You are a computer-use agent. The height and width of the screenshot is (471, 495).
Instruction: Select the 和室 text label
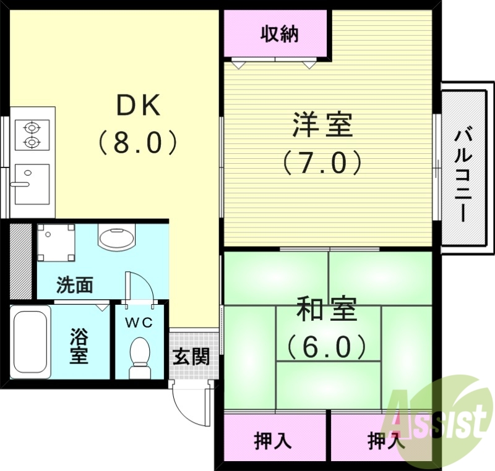click(327, 309)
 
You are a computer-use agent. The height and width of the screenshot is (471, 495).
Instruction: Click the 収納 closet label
click(278, 35)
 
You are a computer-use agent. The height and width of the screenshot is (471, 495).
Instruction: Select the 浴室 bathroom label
click(79, 346)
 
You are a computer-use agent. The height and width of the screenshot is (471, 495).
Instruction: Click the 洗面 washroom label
click(75, 285)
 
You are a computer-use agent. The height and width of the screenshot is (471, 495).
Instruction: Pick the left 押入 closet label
click(273, 441)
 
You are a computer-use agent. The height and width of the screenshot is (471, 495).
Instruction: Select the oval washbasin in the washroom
click(116, 237)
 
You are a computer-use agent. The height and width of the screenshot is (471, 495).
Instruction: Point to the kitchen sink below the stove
click(32, 184)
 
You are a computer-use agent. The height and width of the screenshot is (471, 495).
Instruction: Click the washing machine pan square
click(56, 242)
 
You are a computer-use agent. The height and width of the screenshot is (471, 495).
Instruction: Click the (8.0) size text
click(138, 142)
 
